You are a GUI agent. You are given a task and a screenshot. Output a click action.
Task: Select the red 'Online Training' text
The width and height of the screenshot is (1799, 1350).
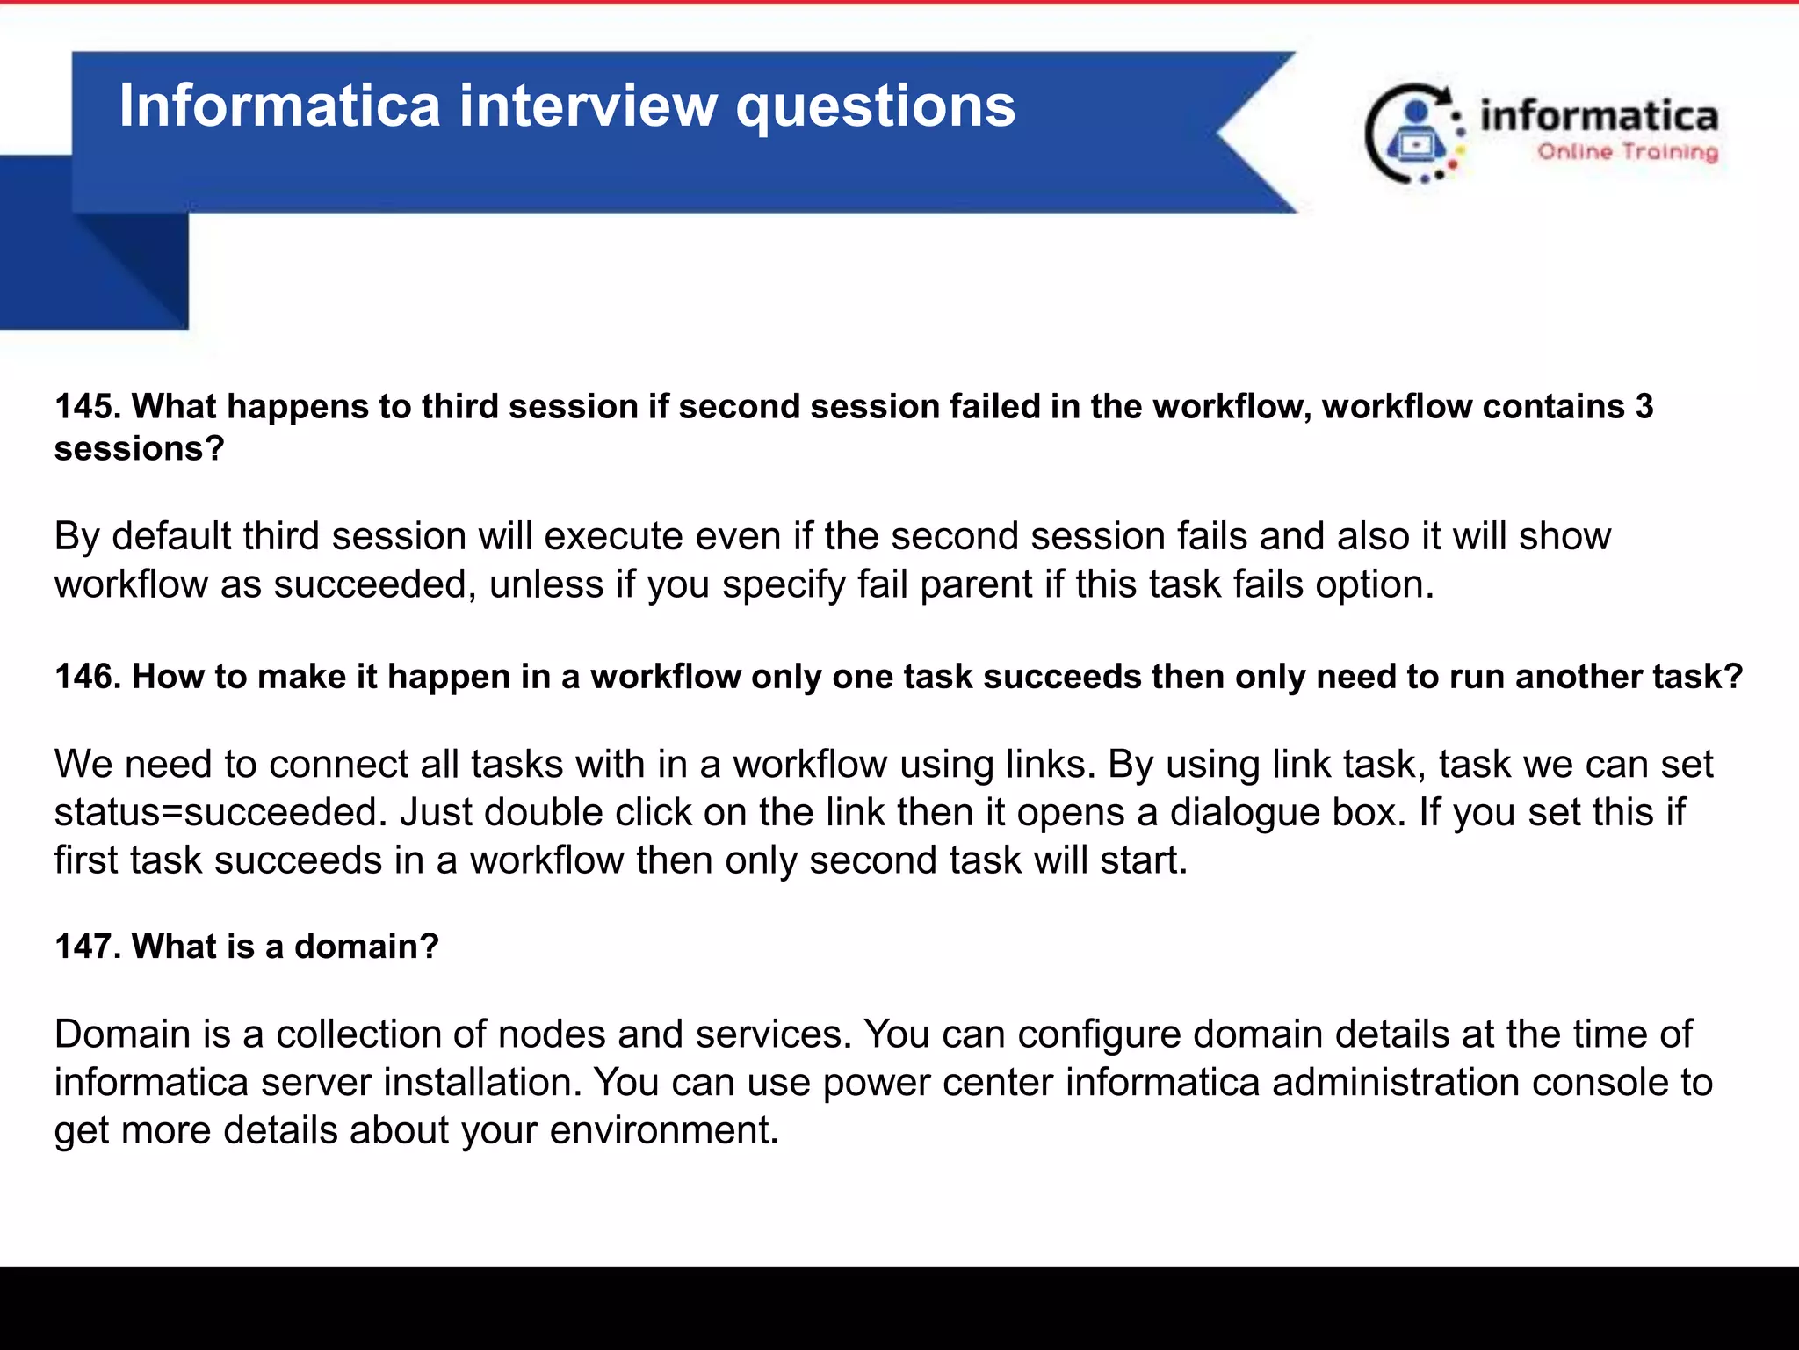1627,152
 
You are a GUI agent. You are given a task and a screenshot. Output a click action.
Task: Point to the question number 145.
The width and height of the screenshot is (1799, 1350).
86,406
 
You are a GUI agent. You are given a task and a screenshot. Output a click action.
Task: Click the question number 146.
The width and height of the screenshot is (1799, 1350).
86,676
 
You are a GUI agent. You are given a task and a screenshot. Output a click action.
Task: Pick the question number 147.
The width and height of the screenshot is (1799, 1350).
86,946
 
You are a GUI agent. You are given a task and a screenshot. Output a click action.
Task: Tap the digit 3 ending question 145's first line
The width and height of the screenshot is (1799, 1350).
1644,406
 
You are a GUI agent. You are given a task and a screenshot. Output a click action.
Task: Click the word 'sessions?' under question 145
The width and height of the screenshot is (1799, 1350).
140,449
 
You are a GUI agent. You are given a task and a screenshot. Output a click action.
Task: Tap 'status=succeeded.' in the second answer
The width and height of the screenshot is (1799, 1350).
220,813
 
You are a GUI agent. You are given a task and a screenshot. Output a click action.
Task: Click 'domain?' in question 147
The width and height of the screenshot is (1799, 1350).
366,946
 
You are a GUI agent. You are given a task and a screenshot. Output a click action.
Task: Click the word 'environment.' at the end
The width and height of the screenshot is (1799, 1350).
664,1131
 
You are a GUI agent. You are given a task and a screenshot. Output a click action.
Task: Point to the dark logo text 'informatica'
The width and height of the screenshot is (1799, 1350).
1599,117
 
